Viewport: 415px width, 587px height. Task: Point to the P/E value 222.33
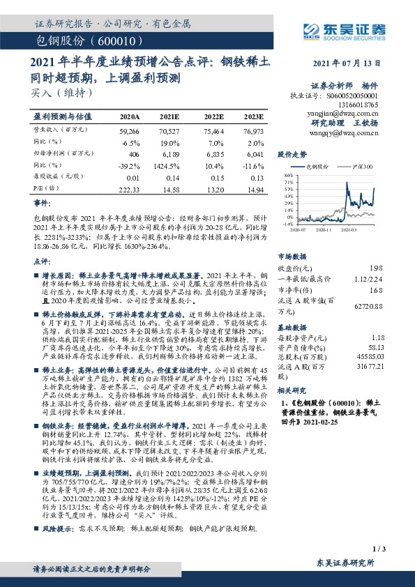click(x=130, y=190)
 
